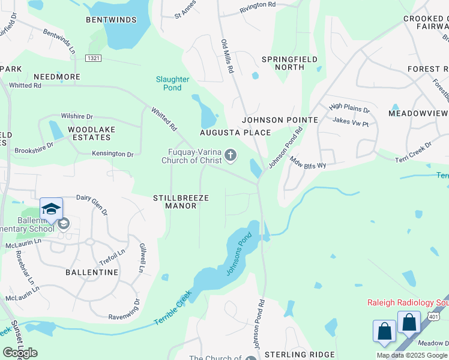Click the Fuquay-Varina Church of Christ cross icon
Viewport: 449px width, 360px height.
(x=230, y=157)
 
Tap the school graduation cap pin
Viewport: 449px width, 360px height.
(x=52, y=209)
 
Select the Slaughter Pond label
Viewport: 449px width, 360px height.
(x=173, y=83)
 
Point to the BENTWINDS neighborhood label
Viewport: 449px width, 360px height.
(x=111, y=20)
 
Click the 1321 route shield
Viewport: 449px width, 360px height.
(x=93, y=58)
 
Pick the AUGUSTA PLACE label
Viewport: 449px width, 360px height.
(x=236, y=132)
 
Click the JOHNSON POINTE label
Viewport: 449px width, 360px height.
(x=280, y=120)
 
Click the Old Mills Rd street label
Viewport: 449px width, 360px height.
(x=227, y=56)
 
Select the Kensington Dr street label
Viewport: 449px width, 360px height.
(x=112, y=154)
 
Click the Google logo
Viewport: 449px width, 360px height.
(x=20, y=352)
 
